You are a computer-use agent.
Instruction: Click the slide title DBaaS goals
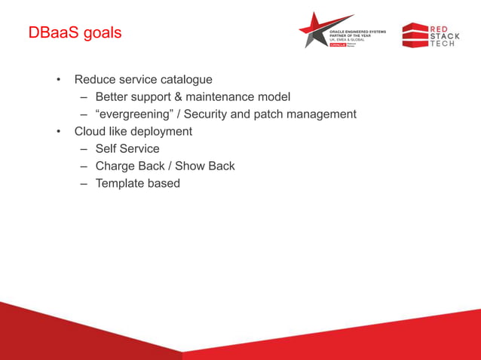[74, 34]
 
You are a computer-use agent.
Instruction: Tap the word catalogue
[185, 80]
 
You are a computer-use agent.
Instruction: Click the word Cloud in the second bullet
[90, 132]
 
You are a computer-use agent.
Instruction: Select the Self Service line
[127, 149]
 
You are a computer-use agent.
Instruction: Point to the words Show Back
[205, 166]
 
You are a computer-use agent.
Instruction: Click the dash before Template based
[84, 184]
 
